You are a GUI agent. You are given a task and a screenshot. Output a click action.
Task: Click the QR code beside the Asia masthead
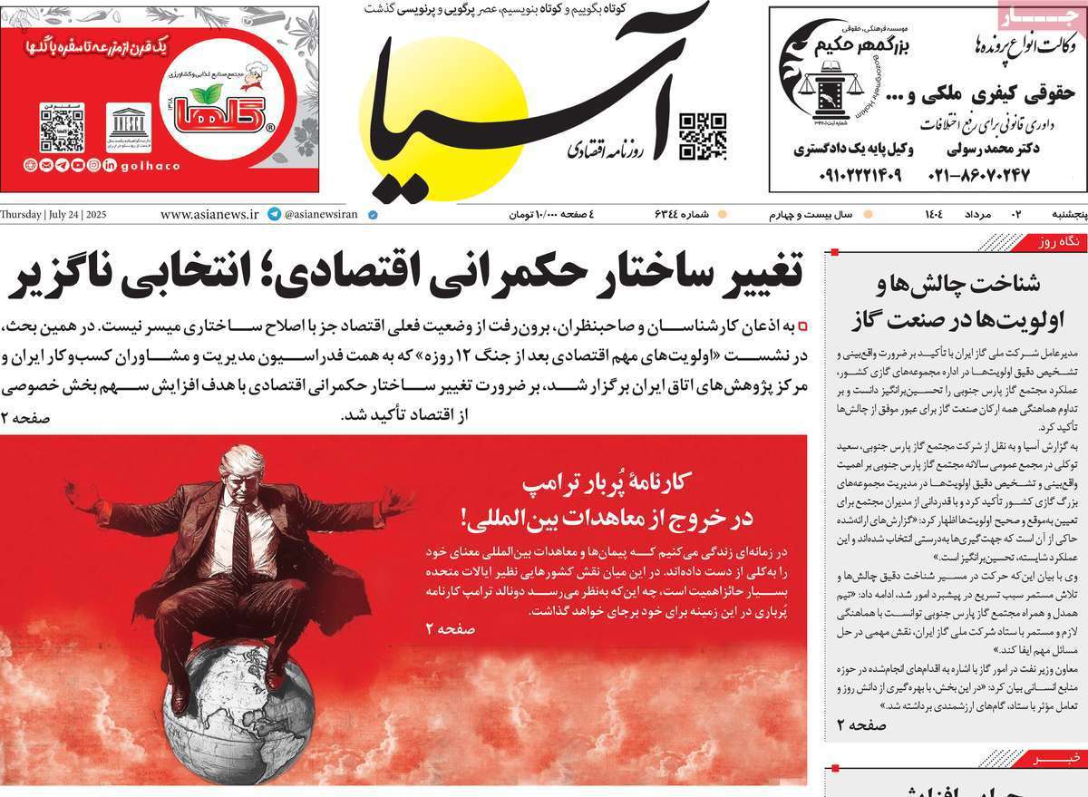[x=703, y=136]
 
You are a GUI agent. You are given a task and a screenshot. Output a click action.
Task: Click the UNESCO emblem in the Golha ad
[x=129, y=126]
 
